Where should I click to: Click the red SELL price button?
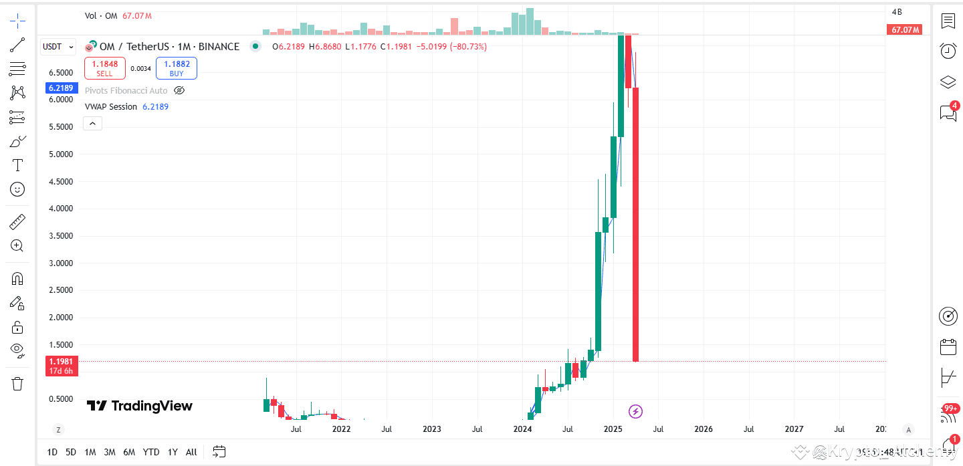[104, 68]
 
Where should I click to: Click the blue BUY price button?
[176, 68]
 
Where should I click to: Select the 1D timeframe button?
[52, 452]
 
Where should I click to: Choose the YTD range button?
[151, 452]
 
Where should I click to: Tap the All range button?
[191, 452]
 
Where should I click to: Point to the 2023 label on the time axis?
[432, 429]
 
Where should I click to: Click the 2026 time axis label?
[704, 429]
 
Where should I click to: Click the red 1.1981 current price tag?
[61, 362]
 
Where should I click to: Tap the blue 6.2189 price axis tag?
[61, 88]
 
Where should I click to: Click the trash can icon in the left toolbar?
[17, 384]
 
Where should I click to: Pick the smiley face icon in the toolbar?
[17, 190]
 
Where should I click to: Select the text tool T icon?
[17, 165]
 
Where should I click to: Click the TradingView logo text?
[140, 406]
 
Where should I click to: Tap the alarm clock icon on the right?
[948, 50]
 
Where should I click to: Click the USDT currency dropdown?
[58, 47]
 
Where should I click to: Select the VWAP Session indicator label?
[111, 107]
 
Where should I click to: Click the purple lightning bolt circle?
[636, 411]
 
